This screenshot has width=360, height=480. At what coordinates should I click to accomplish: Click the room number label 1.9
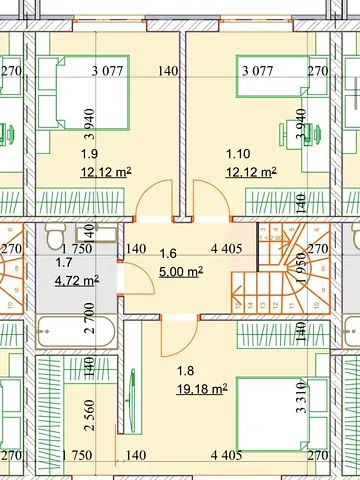click(x=90, y=154)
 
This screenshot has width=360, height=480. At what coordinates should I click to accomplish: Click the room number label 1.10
click(x=238, y=154)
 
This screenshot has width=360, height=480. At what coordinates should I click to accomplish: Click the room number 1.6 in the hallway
click(x=168, y=254)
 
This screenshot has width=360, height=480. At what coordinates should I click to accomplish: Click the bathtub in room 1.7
click(x=71, y=327)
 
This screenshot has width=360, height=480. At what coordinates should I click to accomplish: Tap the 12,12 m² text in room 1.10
click(x=251, y=172)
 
